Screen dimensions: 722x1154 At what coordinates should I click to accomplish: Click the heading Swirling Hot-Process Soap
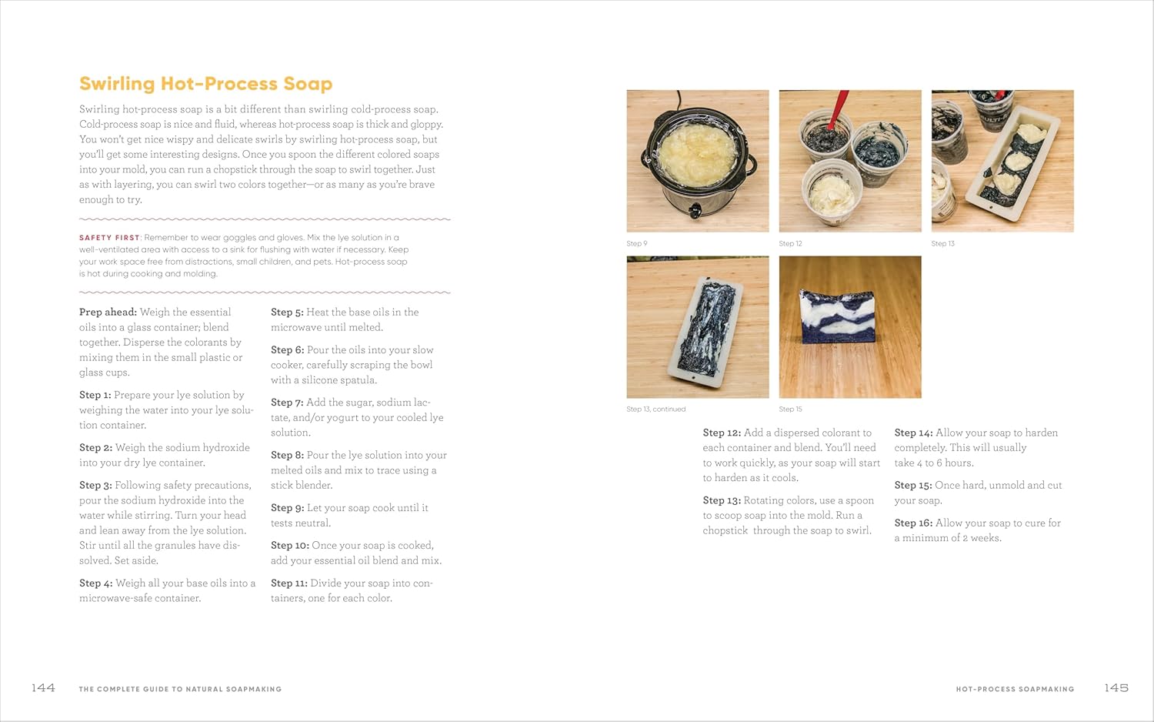(205, 83)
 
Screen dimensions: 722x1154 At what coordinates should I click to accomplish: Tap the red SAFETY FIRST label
(109, 238)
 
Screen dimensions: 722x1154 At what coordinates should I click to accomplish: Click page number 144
(43, 687)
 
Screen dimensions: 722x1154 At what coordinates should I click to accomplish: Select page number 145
(1116, 687)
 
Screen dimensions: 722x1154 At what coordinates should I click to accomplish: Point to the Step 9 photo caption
(637, 243)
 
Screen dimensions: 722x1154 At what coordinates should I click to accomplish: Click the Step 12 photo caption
(790, 243)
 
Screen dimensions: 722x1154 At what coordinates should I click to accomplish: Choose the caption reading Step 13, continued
(655, 409)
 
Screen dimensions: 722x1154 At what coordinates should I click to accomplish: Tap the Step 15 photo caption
(790, 409)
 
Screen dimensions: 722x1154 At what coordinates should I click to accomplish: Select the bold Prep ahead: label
(108, 312)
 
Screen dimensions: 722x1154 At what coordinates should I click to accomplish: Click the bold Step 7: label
(287, 403)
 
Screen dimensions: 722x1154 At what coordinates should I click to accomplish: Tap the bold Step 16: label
(913, 523)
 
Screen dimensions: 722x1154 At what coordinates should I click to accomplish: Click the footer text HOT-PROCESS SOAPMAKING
(1015, 689)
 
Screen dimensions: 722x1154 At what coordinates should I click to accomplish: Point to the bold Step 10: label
(289, 545)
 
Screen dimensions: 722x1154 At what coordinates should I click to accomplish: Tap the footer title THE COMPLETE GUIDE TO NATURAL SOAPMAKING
(180, 689)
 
